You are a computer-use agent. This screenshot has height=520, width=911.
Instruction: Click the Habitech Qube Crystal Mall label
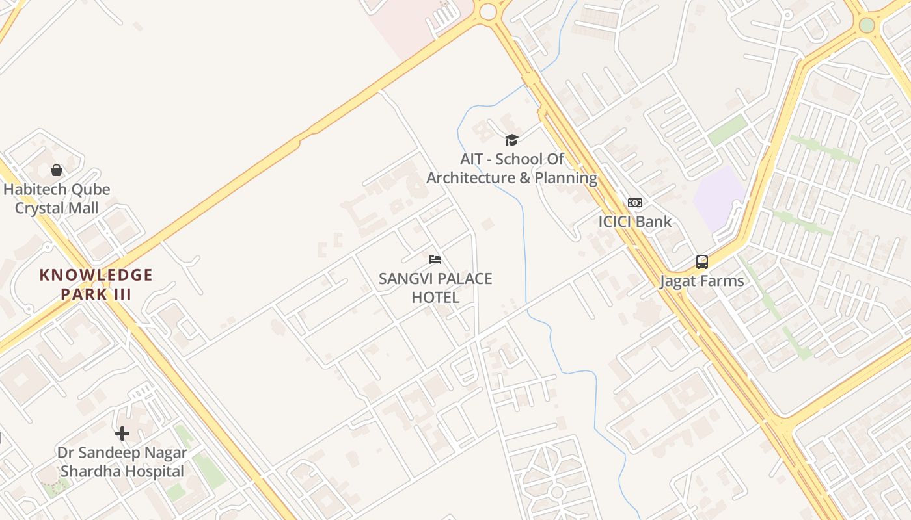(x=57, y=199)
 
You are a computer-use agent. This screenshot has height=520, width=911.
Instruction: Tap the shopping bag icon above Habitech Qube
(x=57, y=170)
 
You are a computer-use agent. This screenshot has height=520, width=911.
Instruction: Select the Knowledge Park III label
(x=96, y=284)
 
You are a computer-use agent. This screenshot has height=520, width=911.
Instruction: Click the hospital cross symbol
(x=122, y=434)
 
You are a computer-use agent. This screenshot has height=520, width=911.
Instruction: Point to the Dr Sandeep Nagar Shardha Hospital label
(x=122, y=462)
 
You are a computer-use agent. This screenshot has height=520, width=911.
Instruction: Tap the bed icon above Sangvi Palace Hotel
(x=435, y=259)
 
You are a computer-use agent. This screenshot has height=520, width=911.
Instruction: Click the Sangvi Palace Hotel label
(x=435, y=288)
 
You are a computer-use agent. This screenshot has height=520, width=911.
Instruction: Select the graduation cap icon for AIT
(x=511, y=140)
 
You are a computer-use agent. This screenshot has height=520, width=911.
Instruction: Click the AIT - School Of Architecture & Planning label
(x=511, y=168)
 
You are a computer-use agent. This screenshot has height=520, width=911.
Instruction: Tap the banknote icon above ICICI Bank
(x=634, y=203)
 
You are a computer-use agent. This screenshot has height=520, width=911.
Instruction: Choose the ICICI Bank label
(x=634, y=222)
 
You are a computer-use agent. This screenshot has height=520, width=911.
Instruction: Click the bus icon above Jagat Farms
(x=701, y=262)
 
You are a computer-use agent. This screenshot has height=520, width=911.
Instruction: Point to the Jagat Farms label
(x=701, y=281)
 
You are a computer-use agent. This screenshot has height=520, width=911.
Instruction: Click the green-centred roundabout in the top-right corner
(x=867, y=25)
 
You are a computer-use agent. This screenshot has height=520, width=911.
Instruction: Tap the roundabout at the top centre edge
(x=487, y=11)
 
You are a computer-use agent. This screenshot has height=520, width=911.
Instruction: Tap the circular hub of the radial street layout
(x=556, y=492)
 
